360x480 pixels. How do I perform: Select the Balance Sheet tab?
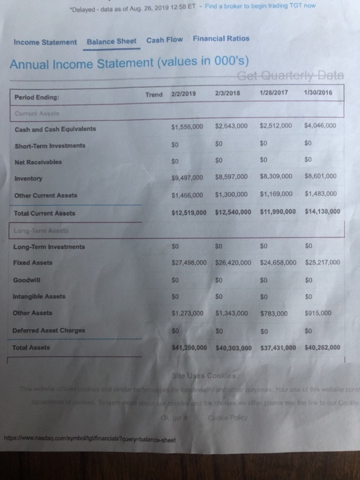[x=112, y=41]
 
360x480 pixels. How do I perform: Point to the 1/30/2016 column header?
[x=314, y=94]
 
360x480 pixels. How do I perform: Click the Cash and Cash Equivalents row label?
[x=54, y=129]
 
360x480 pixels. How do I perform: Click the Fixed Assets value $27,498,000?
[x=187, y=263]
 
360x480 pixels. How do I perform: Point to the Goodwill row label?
[x=27, y=280]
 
